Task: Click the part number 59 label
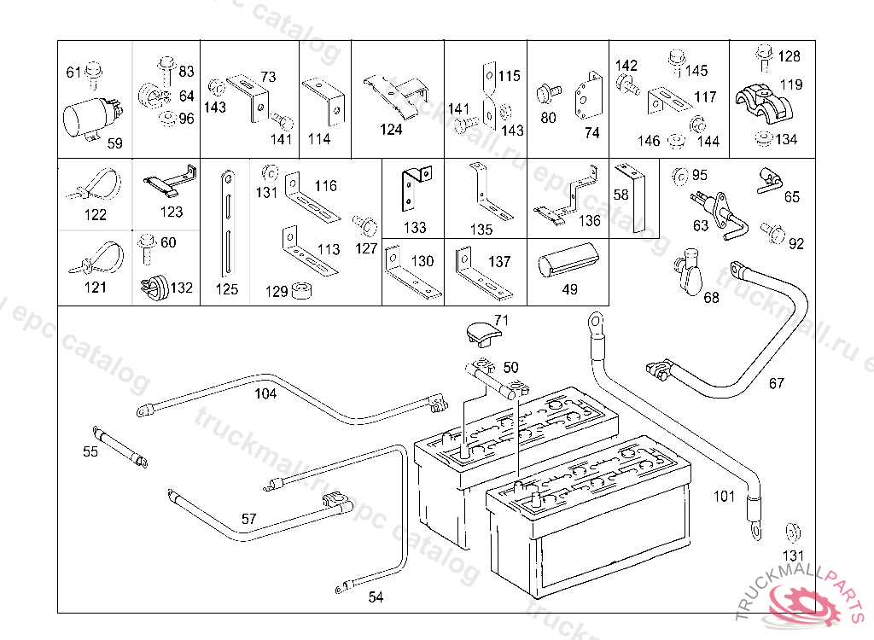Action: (x=114, y=144)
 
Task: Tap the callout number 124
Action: (x=391, y=131)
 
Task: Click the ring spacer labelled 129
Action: (x=300, y=292)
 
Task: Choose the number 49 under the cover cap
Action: (x=569, y=289)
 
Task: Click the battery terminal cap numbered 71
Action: (x=483, y=333)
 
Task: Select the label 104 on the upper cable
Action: (x=265, y=393)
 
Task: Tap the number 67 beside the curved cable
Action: (x=776, y=383)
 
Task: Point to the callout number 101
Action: (x=724, y=496)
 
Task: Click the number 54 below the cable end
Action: (x=376, y=597)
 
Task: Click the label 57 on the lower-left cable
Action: (x=248, y=518)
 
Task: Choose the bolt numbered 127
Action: (x=365, y=227)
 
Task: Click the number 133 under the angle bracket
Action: (x=415, y=228)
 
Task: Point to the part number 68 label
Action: (x=711, y=297)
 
